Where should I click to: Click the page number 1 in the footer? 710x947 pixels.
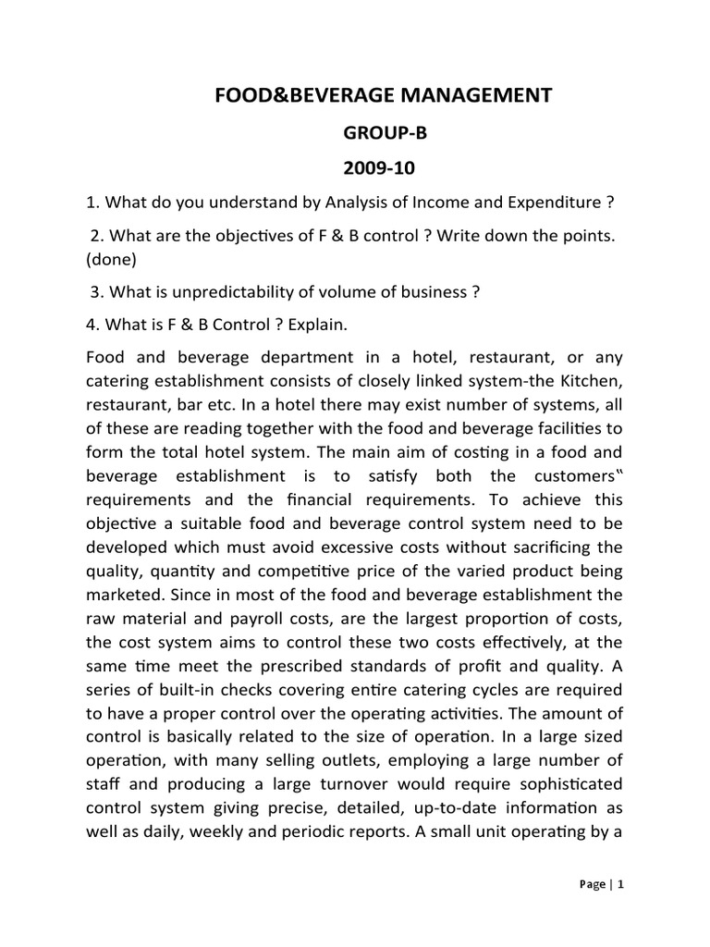click(621, 884)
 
